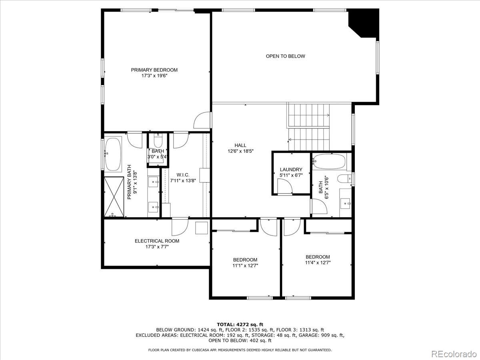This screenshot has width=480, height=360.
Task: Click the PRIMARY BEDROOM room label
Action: click(x=154, y=70)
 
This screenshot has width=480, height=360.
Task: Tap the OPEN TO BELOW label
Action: click(x=285, y=56)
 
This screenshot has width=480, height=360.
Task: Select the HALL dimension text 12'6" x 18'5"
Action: click(x=240, y=151)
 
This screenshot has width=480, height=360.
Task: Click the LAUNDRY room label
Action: click(x=291, y=170)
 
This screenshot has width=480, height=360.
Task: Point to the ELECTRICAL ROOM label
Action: click(x=157, y=241)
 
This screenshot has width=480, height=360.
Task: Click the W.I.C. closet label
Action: click(x=183, y=175)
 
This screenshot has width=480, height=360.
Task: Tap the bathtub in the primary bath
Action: click(x=113, y=154)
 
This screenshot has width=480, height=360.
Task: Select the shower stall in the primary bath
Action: click(x=114, y=197)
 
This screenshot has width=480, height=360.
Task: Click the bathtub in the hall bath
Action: click(x=329, y=161)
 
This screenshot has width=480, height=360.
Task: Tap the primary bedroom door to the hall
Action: click(x=202, y=120)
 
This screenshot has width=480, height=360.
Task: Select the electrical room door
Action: click(x=180, y=227)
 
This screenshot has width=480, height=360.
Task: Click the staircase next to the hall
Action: click(x=308, y=126)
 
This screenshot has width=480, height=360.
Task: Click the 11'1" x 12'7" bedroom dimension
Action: click(x=245, y=266)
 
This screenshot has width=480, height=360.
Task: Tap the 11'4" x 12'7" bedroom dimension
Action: click(x=318, y=263)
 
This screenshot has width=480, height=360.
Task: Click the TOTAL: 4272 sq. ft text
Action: click(x=240, y=324)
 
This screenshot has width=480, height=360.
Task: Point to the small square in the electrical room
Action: click(x=201, y=228)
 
